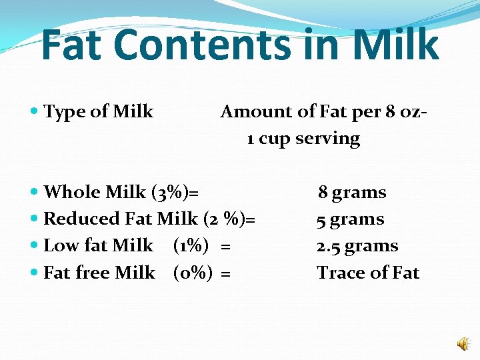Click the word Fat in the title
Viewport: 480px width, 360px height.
point(72,45)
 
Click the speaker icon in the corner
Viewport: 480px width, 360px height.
point(463,343)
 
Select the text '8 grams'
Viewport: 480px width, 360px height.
point(352,193)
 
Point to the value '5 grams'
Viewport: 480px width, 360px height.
point(350,219)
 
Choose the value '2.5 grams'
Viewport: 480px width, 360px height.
point(357,246)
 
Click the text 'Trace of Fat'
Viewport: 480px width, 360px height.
point(368,273)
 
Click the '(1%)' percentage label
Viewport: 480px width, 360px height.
point(189,246)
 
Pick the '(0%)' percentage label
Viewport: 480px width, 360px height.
point(192,273)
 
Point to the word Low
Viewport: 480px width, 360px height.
point(61,246)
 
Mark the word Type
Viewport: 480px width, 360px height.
point(62,112)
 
